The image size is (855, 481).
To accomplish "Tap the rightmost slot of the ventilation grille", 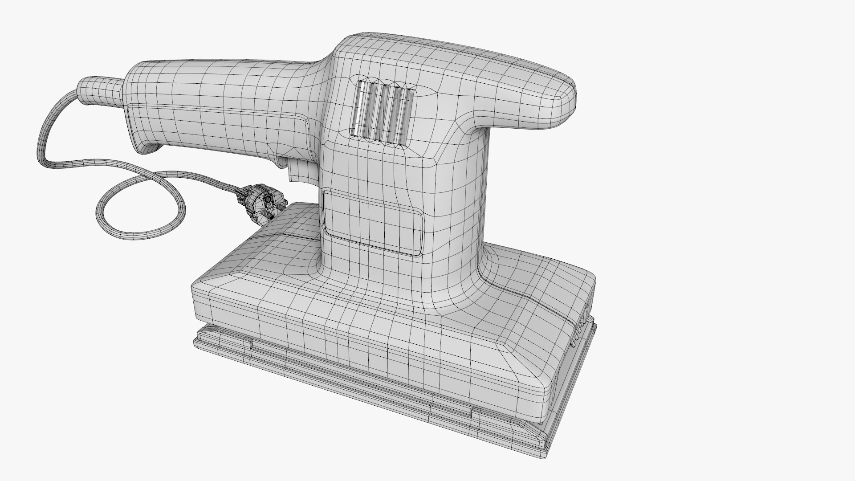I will (x=406, y=117).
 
